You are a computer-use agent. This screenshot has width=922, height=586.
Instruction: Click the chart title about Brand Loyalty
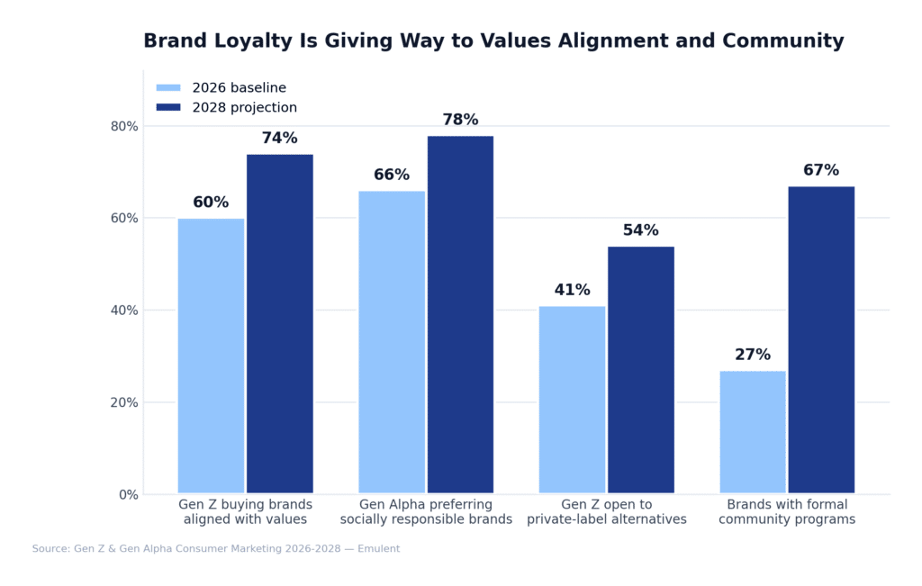coord(493,41)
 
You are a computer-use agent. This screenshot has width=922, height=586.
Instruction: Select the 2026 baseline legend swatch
coord(168,88)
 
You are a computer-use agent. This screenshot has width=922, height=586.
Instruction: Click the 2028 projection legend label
coord(244,108)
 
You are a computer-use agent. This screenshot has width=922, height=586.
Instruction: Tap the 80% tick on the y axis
coord(124,126)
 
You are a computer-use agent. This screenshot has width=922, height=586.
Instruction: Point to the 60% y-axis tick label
coord(124,218)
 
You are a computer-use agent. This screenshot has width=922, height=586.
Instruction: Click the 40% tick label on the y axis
coord(124,311)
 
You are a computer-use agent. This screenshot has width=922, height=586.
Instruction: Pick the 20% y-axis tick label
coord(124,402)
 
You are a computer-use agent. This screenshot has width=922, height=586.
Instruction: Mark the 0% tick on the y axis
coord(129,494)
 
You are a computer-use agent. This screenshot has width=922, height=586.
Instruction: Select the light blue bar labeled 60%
coord(211,356)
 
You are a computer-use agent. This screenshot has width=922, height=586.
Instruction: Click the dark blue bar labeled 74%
coord(280,324)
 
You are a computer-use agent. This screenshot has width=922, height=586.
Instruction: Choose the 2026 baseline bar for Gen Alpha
coord(392,342)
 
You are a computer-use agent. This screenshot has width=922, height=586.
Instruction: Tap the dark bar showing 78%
coord(460,315)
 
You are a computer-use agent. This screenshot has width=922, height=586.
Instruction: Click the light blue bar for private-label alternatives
coord(572,400)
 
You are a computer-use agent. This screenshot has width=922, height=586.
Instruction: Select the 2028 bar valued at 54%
coord(641,370)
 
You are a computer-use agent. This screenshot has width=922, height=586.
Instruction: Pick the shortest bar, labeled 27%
coord(753,432)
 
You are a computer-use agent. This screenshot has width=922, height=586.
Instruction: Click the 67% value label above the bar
coord(821,171)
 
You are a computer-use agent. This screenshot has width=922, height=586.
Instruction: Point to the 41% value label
coord(572,291)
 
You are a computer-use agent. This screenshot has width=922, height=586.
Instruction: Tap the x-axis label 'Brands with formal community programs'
coord(787,512)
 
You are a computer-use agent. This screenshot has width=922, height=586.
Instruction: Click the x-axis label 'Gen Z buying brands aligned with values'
coord(245,512)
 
